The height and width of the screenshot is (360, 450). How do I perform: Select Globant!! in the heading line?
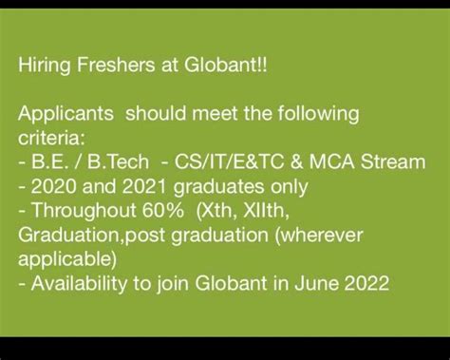pos(226,65)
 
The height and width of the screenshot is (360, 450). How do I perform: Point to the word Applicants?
pos(66,114)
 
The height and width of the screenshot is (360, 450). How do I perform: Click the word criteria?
pos(51,138)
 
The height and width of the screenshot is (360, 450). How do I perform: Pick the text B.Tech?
pos(118,161)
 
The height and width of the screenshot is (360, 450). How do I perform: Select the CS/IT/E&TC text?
pos(230,161)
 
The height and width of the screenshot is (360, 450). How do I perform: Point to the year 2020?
pos(54,186)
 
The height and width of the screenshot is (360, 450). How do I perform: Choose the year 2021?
pos(144,186)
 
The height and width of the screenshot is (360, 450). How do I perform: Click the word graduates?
pos(218,187)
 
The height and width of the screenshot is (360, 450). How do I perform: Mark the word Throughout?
pos(84,211)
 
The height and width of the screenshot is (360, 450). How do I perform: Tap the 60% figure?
pos(162,210)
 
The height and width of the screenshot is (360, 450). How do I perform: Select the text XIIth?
pos(266,211)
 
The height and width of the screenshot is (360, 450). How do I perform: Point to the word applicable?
pos(67,259)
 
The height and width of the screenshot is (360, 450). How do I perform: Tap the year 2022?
pos(366,283)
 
